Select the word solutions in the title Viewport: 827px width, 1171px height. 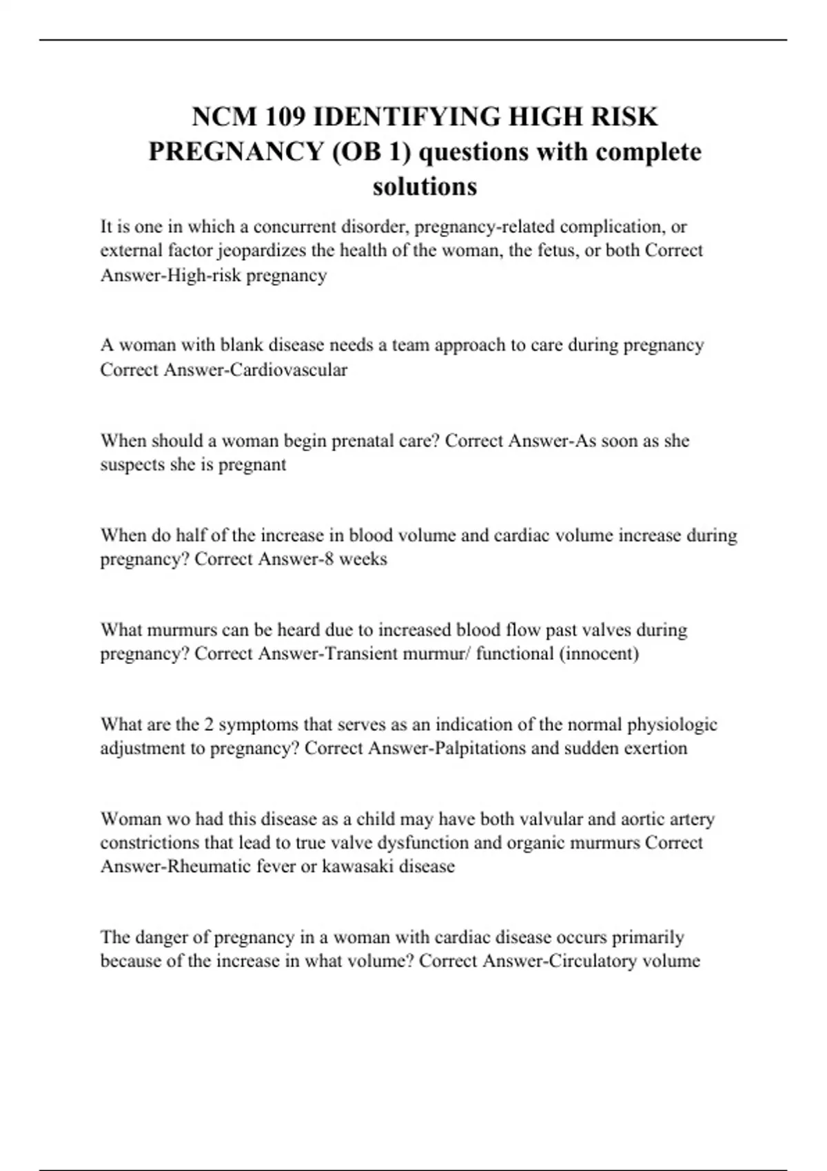pyautogui.click(x=425, y=186)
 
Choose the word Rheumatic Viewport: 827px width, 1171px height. pyautogui.click(x=209, y=867)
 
